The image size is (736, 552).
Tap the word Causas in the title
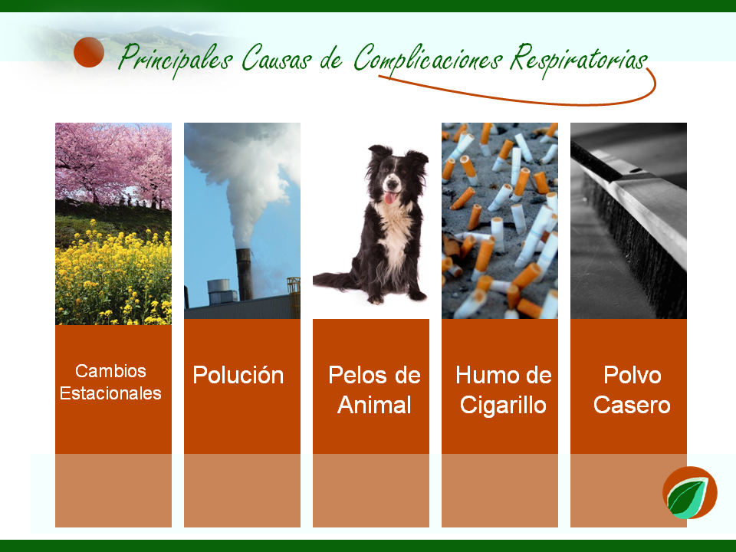click(277, 58)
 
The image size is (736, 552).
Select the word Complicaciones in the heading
click(428, 60)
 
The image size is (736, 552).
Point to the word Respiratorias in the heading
click(579, 60)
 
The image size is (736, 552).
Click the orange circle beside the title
click(89, 52)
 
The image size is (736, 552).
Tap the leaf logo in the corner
click(689, 493)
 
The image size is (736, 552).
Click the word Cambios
click(110, 371)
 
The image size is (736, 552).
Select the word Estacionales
click(110, 393)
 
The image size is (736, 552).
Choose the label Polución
click(238, 375)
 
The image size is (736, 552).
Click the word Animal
click(374, 405)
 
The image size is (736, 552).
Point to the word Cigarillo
click(503, 405)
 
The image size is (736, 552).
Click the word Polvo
click(632, 375)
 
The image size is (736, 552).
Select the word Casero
click(632, 406)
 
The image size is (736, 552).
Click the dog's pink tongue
click(389, 198)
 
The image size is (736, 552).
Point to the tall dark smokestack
click(244, 274)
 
